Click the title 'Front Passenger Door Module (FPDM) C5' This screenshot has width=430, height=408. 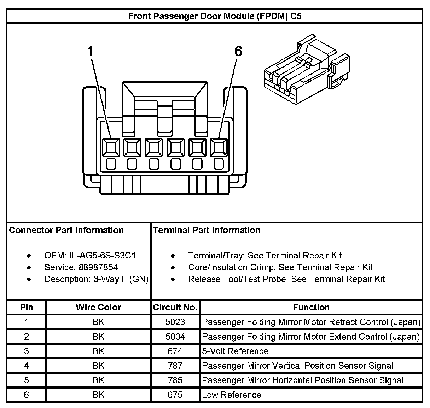(215, 16)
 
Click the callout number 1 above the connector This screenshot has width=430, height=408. (90, 51)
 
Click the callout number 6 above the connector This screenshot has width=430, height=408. (238, 51)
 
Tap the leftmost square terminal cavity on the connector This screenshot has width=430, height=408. (111, 147)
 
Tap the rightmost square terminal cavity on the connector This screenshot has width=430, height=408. (219, 147)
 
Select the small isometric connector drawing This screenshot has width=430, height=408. (307, 69)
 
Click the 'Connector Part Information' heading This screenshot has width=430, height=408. (66, 230)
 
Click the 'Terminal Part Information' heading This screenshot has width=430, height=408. (207, 230)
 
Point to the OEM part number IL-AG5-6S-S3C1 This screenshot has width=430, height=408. (102, 255)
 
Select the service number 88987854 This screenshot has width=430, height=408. (98, 267)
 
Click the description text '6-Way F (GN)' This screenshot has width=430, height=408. (121, 279)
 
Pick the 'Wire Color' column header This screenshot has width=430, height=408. (98, 307)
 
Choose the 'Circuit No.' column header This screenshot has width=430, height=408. (175, 307)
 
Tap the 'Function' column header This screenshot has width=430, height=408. (311, 307)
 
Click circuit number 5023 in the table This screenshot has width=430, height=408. (175, 322)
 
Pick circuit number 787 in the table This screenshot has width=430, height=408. (175, 366)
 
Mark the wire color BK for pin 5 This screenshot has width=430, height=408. (98, 380)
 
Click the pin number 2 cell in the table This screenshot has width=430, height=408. (26, 337)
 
